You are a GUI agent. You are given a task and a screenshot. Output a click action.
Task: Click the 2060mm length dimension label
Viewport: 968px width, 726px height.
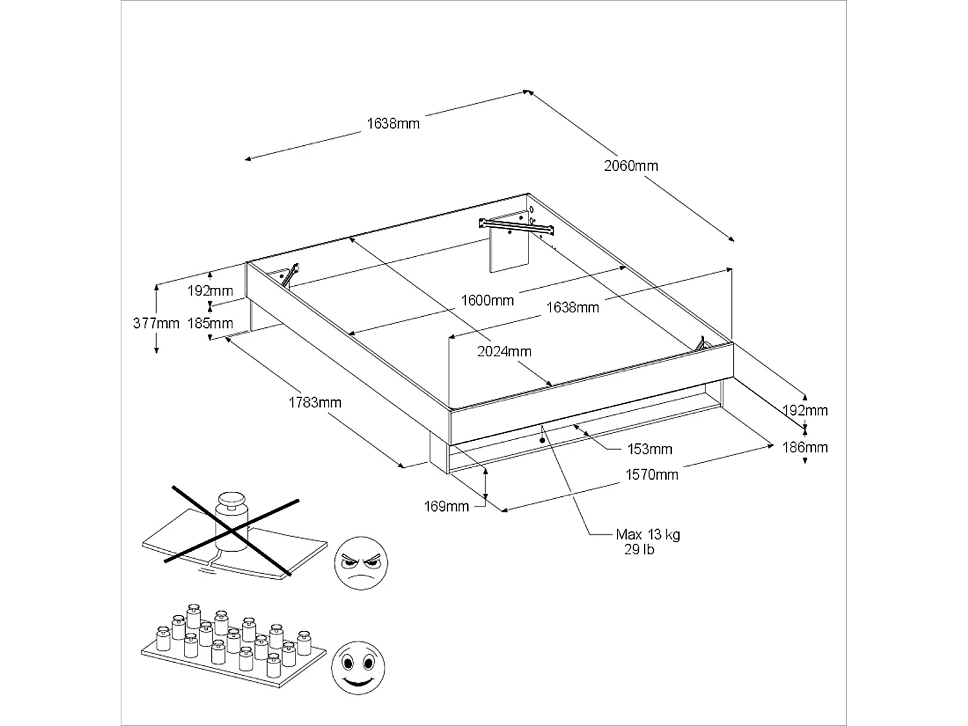point(630,166)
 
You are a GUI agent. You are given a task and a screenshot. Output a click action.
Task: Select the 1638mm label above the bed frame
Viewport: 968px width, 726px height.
point(393,123)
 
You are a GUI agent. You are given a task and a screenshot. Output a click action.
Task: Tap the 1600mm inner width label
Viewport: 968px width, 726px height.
point(487,300)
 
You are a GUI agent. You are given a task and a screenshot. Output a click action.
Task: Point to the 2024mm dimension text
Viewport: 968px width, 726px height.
point(504,352)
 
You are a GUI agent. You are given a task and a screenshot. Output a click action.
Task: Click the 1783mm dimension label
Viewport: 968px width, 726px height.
point(314,403)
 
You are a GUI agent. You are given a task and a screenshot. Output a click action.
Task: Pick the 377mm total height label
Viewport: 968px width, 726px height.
point(156,323)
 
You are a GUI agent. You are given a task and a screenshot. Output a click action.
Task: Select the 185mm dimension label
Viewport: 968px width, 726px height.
point(210,323)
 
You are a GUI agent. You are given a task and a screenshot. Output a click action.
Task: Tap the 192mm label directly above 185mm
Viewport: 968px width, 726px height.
point(210,291)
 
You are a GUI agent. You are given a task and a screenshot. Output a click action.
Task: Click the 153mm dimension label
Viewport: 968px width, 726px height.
point(649,449)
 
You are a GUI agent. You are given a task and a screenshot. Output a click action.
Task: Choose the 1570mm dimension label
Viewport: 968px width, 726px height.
point(652,475)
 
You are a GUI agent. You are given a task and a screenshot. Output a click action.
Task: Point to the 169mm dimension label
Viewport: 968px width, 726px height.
point(446,507)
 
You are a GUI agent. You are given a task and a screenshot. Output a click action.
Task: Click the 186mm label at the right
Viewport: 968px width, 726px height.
point(805,447)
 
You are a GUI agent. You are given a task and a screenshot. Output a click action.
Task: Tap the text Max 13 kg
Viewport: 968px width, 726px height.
point(648,534)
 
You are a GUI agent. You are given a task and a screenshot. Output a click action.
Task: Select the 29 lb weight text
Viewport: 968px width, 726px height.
point(639,550)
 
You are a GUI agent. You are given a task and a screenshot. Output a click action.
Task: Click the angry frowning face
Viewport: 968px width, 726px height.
point(361,562)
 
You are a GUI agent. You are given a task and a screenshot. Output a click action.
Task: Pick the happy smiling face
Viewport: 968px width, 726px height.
point(357,665)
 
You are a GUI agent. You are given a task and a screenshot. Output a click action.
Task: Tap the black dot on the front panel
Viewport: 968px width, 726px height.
point(542,440)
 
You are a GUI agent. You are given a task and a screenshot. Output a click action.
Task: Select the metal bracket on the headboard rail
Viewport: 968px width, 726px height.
point(516,224)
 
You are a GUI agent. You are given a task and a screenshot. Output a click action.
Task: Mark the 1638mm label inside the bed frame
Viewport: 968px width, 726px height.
point(572,308)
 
